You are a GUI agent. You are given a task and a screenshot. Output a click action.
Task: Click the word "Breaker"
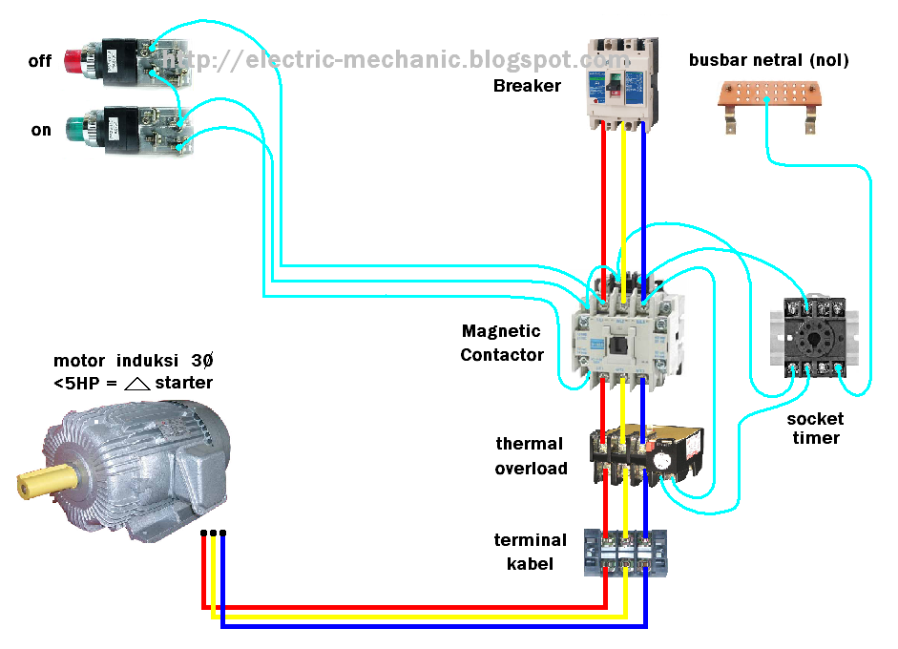pyautogui.click(x=527, y=86)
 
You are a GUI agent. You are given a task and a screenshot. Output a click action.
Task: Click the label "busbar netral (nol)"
pyautogui.click(x=769, y=61)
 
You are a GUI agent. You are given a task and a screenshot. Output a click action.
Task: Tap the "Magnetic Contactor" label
pyautogui.click(x=502, y=344)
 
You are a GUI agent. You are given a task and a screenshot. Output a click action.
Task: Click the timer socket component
pyautogui.click(x=814, y=337)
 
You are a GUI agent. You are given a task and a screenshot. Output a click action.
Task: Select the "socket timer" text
pyautogui.click(x=814, y=429)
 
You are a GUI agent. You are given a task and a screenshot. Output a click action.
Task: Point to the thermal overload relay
pyautogui.click(x=646, y=456)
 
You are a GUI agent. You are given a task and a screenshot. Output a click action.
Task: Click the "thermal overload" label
pyautogui.click(x=531, y=456)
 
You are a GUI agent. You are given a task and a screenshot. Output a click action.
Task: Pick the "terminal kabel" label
pyautogui.click(x=530, y=552)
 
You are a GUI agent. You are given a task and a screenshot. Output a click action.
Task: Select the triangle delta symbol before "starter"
pyautogui.click(x=137, y=384)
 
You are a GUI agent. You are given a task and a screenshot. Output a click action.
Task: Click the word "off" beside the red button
pyautogui.click(x=39, y=61)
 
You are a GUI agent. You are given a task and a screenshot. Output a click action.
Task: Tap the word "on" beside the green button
pyautogui.click(x=41, y=130)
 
